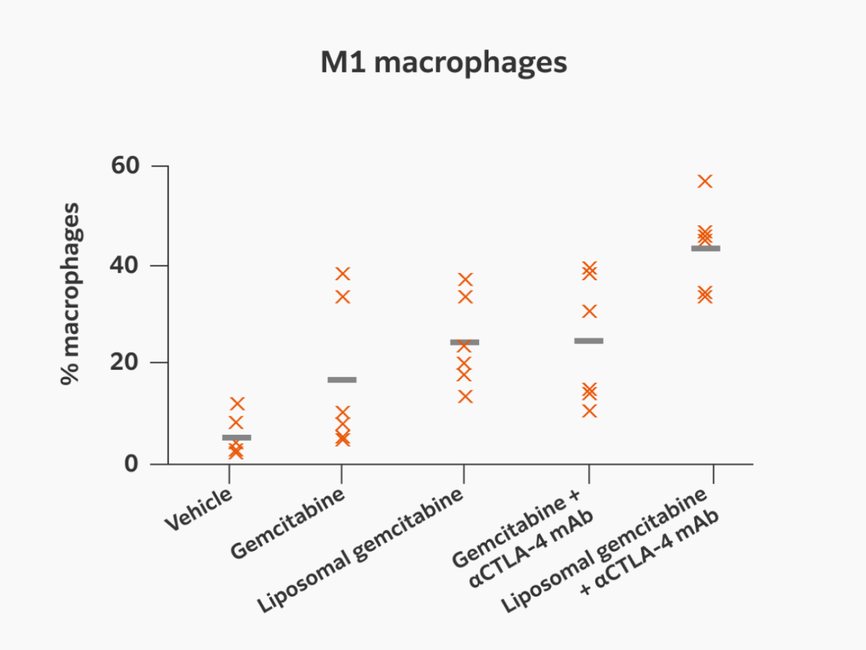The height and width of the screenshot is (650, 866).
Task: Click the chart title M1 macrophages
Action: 443,62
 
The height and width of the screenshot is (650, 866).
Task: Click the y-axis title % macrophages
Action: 70,293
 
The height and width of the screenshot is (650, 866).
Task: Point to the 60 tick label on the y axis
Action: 125,165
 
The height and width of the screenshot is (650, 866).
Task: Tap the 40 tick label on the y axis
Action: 124,265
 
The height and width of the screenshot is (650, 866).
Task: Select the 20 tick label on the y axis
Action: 124,362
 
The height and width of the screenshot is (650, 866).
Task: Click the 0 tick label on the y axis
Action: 131,464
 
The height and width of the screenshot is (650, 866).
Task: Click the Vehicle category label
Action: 198,509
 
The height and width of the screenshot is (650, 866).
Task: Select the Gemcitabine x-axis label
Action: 288,523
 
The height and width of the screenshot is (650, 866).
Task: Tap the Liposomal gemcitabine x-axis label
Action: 360,550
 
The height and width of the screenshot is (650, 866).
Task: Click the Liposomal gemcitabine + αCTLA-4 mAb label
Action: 609,551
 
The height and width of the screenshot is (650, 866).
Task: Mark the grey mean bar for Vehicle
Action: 237,437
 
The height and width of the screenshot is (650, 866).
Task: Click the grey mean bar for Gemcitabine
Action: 342,380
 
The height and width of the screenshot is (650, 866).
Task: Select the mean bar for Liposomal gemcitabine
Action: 465,343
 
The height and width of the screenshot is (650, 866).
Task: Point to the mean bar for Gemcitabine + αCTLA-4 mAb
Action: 589,341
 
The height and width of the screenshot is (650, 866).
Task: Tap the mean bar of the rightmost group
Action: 706,248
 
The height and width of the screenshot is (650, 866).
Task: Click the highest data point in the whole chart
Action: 705,181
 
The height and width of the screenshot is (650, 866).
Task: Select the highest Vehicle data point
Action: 237,404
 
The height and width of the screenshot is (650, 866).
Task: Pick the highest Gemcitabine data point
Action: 342,274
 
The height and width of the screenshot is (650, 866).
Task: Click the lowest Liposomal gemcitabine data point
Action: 465,397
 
